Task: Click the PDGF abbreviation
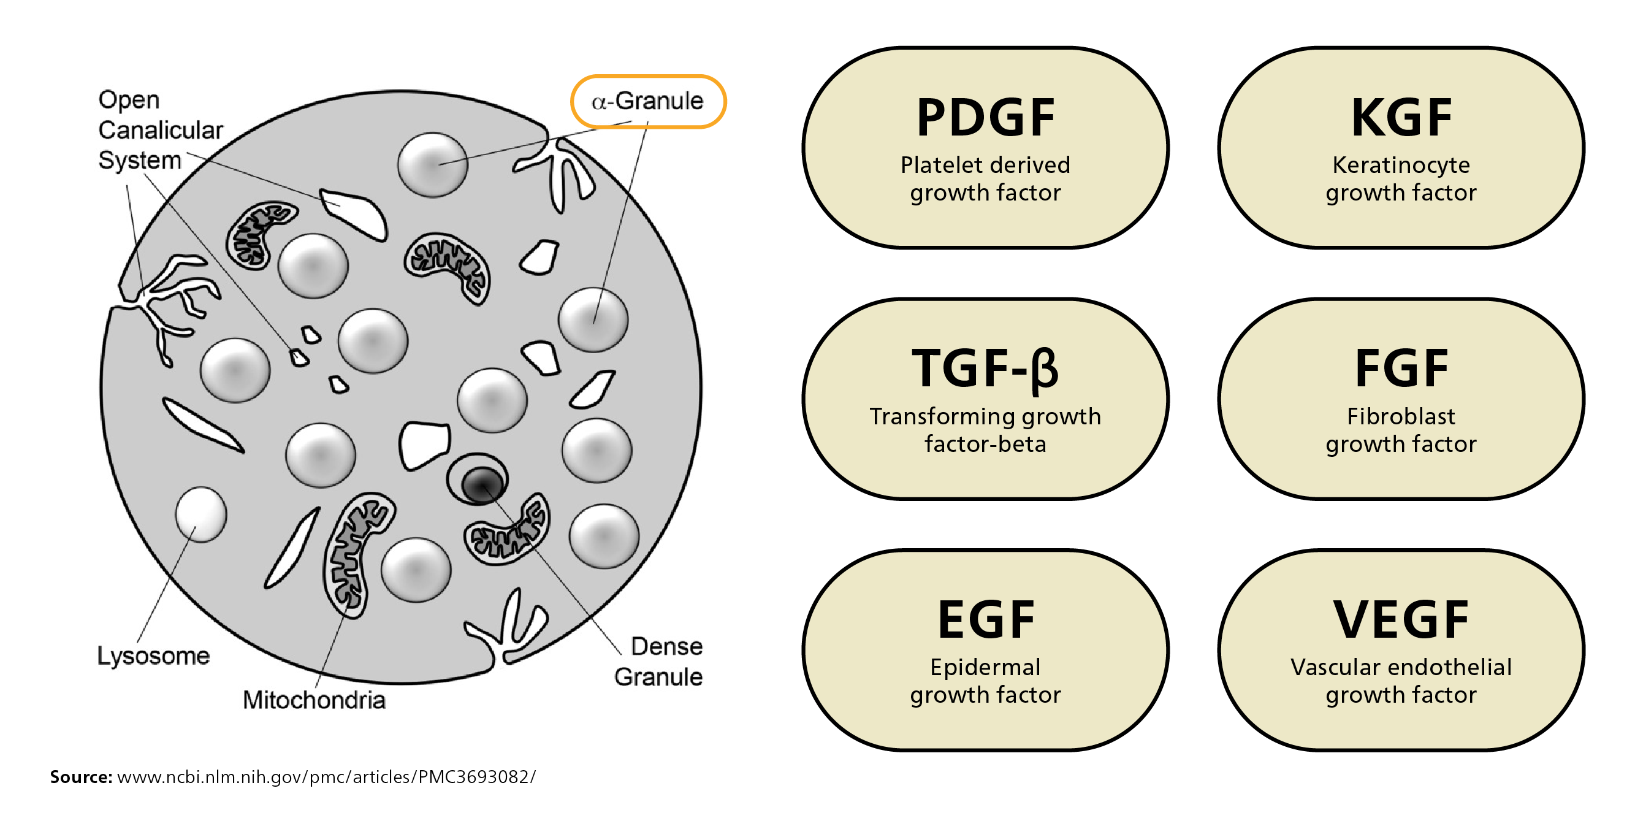click(985, 118)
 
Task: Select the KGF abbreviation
click(1401, 118)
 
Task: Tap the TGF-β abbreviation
click(985, 369)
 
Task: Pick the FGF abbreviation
click(1401, 369)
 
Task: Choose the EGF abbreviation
click(985, 620)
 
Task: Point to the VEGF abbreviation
click(1401, 620)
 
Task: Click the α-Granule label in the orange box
click(647, 102)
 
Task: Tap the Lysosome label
click(153, 656)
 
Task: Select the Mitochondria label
click(313, 700)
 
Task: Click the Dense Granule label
click(660, 662)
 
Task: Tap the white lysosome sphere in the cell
click(200, 514)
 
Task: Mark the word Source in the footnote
click(80, 777)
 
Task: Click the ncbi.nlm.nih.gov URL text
click(326, 777)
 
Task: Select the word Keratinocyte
click(1401, 165)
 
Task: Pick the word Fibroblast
click(1401, 416)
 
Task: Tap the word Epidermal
click(985, 668)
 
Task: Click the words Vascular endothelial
click(1401, 668)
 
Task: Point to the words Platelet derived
click(985, 165)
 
